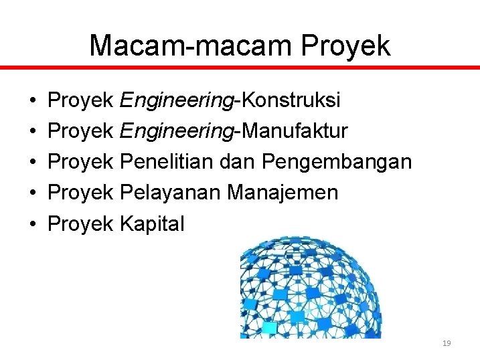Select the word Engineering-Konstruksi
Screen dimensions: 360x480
tap(230, 100)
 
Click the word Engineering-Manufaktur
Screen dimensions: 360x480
tap(234, 131)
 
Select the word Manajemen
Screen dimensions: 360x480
tap(283, 193)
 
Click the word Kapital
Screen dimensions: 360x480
tap(151, 223)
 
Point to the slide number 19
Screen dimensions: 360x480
tap(447, 343)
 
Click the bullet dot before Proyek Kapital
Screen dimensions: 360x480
tap(33, 224)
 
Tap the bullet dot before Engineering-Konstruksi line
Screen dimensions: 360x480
tap(33, 101)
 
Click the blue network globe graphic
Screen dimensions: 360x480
tap(311, 288)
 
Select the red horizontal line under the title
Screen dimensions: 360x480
tap(240, 68)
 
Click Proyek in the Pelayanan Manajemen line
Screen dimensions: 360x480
tap(81, 193)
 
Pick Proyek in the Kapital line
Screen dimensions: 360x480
tap(81, 223)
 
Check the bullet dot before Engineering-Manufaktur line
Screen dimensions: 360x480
tap(33, 132)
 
